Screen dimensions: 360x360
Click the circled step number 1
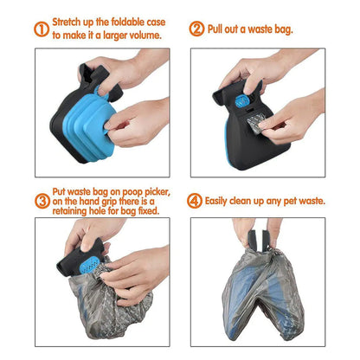(x=42, y=29)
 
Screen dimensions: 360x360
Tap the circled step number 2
(x=196, y=29)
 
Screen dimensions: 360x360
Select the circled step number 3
(x=42, y=201)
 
